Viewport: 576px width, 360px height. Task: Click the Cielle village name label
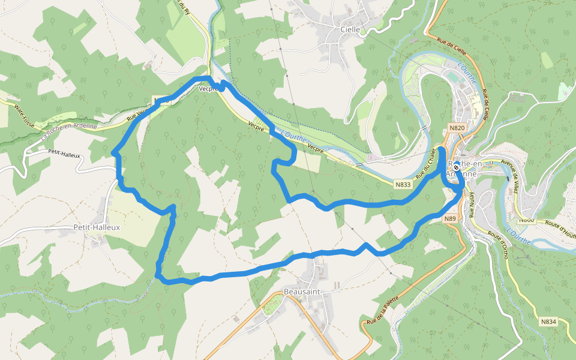350,29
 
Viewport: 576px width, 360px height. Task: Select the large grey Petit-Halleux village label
96,227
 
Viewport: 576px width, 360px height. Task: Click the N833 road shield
403,185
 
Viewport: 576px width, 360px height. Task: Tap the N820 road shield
457,128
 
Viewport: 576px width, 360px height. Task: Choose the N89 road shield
451,219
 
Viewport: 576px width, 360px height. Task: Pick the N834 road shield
548,322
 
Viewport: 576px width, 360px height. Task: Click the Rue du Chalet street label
425,162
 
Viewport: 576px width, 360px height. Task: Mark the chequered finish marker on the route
456,168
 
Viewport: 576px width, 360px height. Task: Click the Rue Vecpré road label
139,114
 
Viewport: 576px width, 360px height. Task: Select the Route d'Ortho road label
499,246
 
